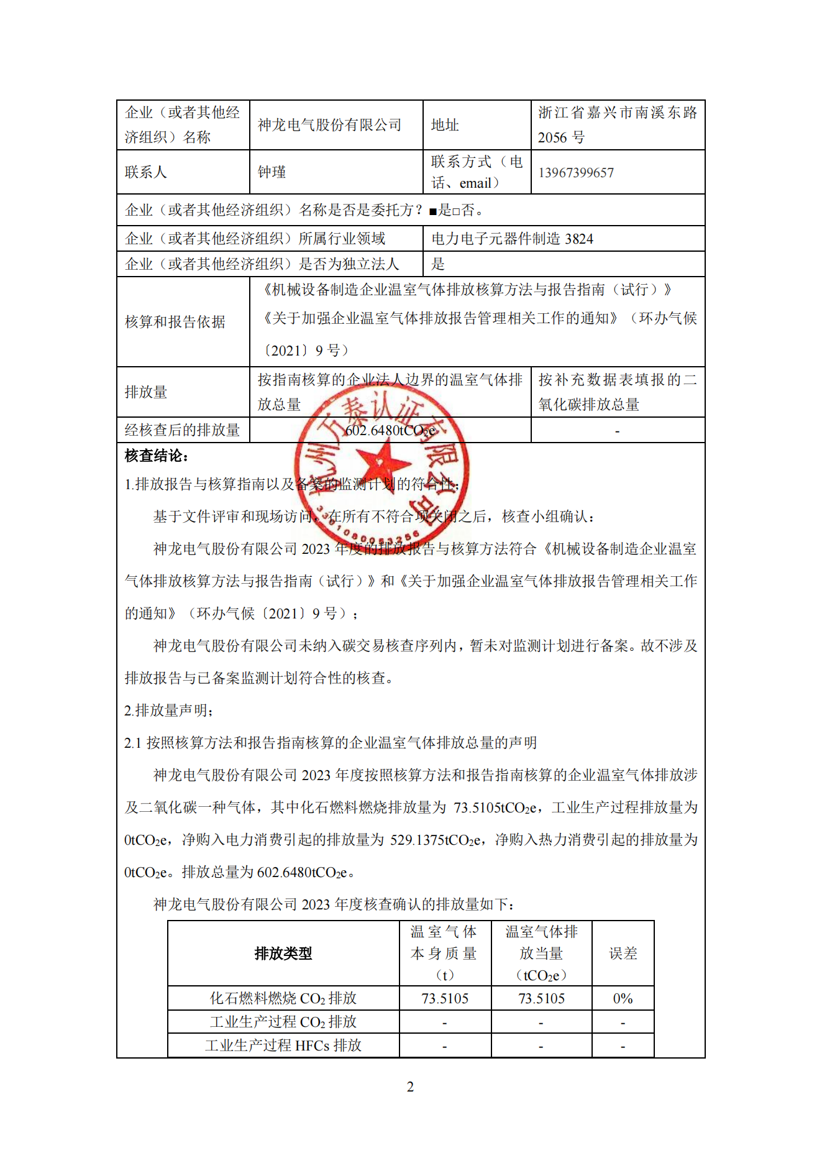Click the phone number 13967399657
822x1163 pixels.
(x=575, y=173)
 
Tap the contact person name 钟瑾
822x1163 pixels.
(x=272, y=172)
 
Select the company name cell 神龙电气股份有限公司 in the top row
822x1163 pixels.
(x=329, y=125)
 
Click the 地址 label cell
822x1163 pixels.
(x=445, y=125)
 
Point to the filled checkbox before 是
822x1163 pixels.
(x=433, y=211)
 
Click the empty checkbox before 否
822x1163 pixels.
(x=456, y=211)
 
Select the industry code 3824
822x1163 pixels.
(x=579, y=239)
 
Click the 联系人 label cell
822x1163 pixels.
(x=146, y=172)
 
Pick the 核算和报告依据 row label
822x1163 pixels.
(x=175, y=322)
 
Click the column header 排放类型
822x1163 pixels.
(x=283, y=954)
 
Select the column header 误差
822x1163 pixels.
(x=623, y=954)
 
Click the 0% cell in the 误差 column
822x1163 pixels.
(x=623, y=999)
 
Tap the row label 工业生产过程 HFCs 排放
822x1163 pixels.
(x=283, y=1046)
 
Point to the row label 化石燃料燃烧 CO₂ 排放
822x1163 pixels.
(x=283, y=999)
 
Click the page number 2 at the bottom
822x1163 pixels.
(x=410, y=1087)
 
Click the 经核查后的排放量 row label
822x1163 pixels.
(x=182, y=430)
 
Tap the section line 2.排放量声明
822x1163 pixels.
(x=169, y=710)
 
